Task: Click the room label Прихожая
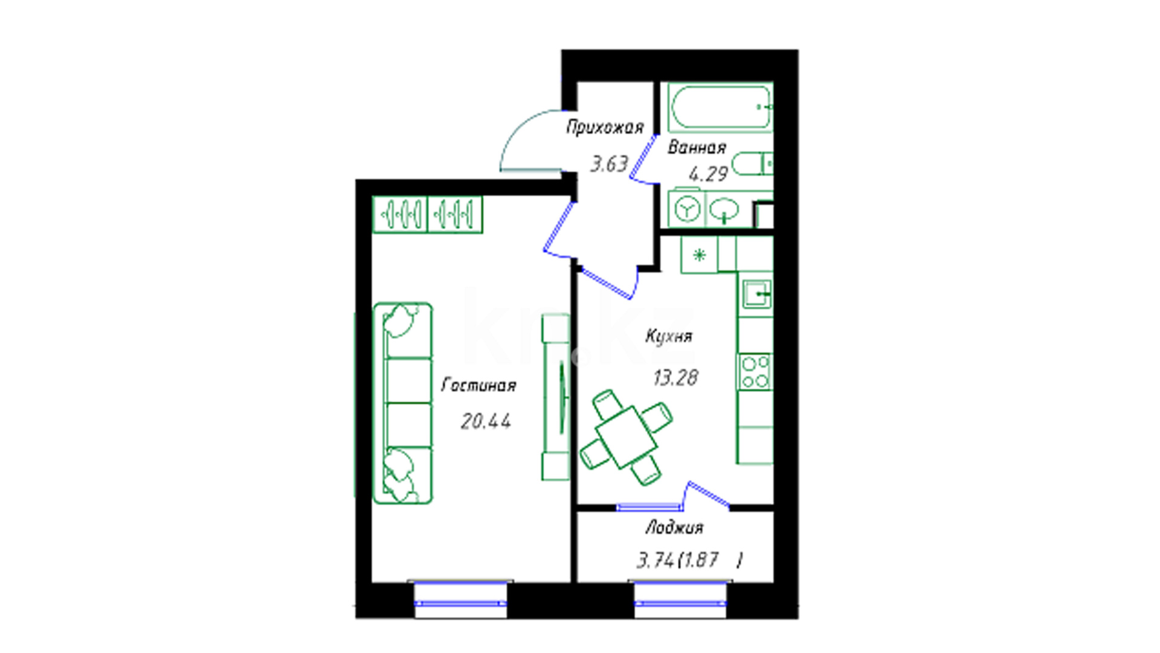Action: pyautogui.click(x=605, y=127)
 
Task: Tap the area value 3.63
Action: pyautogui.click(x=609, y=164)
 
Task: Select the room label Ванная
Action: pyautogui.click(x=697, y=148)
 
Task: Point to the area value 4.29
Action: pyautogui.click(x=708, y=174)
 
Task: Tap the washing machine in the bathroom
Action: pyautogui.click(x=687, y=209)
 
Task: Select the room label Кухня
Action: pyautogui.click(x=669, y=336)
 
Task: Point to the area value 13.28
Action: pyautogui.click(x=675, y=378)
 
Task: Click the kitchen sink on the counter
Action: pyautogui.click(x=756, y=294)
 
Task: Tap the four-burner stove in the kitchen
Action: pyautogui.click(x=755, y=372)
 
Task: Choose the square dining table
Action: pyautogui.click(x=626, y=437)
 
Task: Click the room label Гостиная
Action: pyautogui.click(x=478, y=385)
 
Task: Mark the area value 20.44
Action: pyautogui.click(x=486, y=421)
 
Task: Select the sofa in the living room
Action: pyautogui.click(x=403, y=403)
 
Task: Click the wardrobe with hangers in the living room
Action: pyautogui.click(x=427, y=214)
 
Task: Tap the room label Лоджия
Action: pyautogui.click(x=674, y=528)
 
